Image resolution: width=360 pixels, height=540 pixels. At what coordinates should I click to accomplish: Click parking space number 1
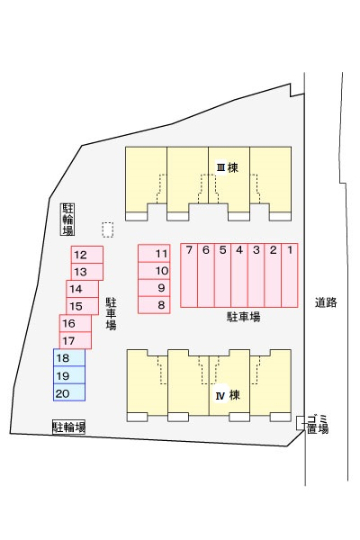[290, 275]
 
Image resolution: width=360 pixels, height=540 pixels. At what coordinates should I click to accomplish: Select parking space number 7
[189, 275]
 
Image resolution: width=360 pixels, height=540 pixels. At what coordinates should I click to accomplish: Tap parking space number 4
[239, 275]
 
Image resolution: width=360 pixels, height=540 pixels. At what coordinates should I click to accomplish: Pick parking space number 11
[154, 254]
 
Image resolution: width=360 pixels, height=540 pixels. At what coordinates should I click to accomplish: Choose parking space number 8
[154, 305]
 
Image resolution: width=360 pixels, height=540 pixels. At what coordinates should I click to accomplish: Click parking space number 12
[87, 255]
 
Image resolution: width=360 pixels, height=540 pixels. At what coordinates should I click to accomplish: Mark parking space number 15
[82, 306]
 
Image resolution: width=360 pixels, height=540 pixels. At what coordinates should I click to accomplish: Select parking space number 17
[76, 340]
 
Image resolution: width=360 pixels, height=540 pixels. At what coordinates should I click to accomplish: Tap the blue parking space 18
[69, 357]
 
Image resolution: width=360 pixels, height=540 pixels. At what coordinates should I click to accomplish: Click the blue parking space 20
[69, 392]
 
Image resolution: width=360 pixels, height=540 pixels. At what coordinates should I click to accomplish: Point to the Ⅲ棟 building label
[228, 168]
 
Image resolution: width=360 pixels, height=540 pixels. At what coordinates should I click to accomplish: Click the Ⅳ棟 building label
[228, 395]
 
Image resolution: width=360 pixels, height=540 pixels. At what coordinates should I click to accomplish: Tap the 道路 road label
[326, 302]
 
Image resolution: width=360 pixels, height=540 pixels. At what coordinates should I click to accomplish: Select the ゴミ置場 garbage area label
[318, 425]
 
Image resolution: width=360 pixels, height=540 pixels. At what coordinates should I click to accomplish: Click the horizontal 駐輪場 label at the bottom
[69, 427]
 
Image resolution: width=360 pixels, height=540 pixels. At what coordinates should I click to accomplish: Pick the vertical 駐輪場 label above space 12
[67, 220]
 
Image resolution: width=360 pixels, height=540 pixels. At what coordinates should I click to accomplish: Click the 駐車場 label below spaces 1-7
[244, 317]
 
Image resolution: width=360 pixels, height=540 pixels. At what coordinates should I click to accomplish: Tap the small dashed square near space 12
[108, 229]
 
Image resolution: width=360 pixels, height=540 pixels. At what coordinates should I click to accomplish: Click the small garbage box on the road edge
[300, 423]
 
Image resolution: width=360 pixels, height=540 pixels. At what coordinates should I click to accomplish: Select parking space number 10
[154, 271]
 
